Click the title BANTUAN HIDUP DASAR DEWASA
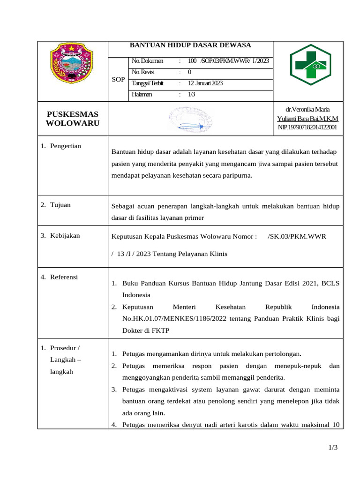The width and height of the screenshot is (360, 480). pos(190,45)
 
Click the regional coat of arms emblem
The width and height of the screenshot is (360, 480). pos(72,64)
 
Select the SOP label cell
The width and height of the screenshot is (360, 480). pos(118,80)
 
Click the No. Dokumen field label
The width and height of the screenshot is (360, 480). pos(148,61)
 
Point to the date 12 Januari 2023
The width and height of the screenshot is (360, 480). pos(205,83)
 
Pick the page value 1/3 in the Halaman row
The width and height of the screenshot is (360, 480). pos(192,94)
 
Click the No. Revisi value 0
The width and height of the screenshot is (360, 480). pos(189,72)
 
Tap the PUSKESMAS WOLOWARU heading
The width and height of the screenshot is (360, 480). pos(73,119)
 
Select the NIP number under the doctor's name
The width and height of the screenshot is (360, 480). pos(307,127)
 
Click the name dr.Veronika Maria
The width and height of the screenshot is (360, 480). pos(307,109)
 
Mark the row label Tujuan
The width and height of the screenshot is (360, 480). pos(60,205)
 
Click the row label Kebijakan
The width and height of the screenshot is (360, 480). pos(65,236)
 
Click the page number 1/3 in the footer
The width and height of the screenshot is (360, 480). pos(333,448)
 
